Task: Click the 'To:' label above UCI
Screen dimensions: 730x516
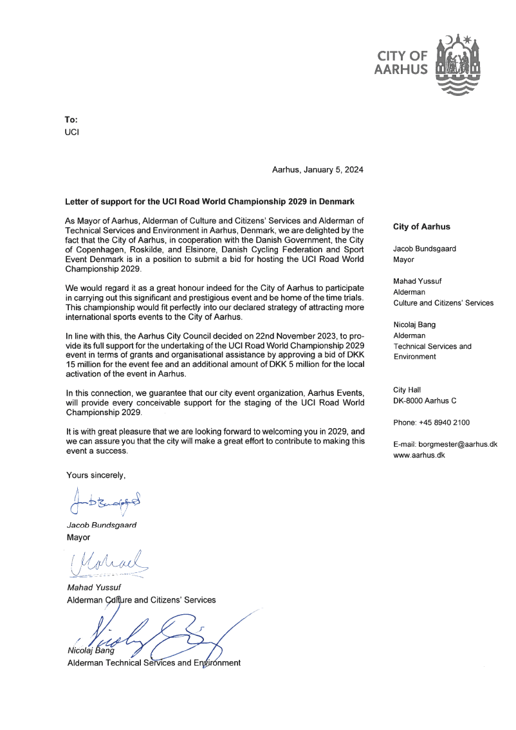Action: tap(71, 120)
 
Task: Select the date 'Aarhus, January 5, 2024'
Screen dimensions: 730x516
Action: tap(318, 171)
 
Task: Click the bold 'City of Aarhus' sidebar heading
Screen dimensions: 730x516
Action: tap(421, 227)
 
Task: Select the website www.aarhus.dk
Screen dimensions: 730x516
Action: tap(419, 454)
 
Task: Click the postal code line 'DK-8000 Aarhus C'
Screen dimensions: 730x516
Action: tap(425, 400)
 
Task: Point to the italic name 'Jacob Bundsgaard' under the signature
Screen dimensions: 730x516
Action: tap(102, 525)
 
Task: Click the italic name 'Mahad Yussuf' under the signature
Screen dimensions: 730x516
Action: tap(94, 588)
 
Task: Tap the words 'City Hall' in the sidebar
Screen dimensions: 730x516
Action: tap(407, 389)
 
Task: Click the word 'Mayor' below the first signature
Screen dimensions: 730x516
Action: tap(78, 537)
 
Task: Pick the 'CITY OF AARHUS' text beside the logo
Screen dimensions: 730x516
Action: tap(401, 63)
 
